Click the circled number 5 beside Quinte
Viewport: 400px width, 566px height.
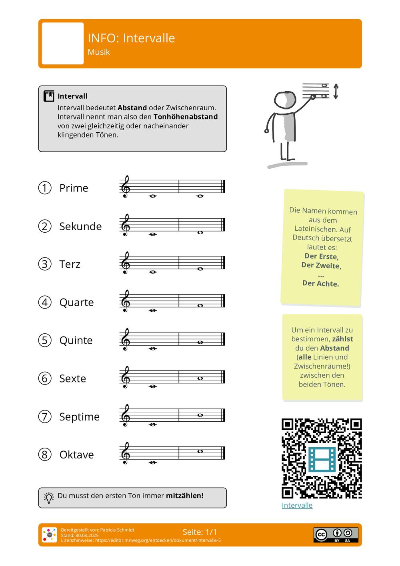point(45,340)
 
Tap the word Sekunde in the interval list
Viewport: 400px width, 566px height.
point(80,226)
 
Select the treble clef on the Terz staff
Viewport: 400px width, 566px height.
point(126,263)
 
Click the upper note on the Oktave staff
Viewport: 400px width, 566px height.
point(200,451)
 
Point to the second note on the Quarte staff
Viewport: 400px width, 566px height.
point(200,305)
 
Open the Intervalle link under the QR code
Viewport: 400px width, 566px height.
point(297,505)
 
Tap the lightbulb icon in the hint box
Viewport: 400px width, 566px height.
point(49,497)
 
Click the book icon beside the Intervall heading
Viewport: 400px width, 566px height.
point(49,96)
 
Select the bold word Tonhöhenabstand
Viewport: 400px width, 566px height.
point(186,117)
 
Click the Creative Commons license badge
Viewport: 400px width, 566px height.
point(336,535)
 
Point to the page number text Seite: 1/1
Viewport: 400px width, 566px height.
point(200,532)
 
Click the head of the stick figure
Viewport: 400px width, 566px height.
point(285,100)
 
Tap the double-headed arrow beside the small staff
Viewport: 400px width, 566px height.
point(336,92)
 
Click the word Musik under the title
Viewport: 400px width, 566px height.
point(98,52)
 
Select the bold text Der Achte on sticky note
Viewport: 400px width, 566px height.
point(320,283)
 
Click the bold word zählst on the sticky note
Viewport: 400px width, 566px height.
point(342,339)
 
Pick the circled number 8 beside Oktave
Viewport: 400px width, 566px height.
point(45,454)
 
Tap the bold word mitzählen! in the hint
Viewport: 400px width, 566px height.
point(184,496)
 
